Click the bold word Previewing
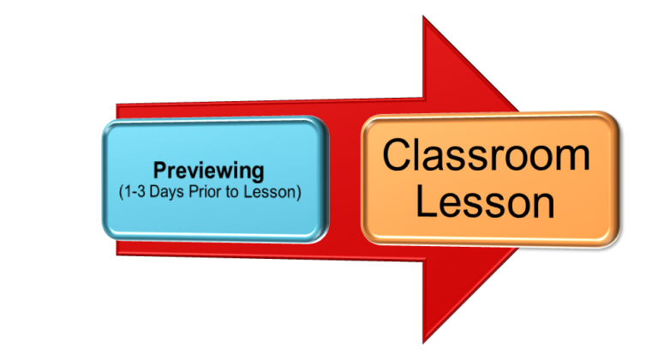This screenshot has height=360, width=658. pos(209,170)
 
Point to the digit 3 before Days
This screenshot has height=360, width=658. pos(143,191)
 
